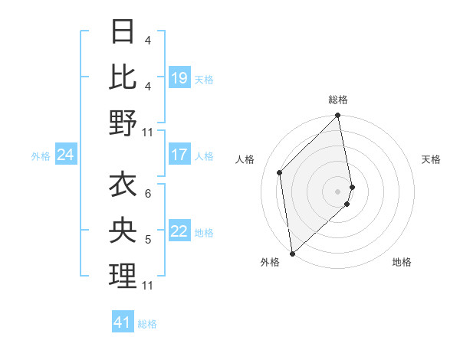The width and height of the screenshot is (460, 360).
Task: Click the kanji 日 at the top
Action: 123,31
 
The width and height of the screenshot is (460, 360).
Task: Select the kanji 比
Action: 123,77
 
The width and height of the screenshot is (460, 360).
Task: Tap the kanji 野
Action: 123,123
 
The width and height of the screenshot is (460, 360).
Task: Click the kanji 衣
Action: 123,185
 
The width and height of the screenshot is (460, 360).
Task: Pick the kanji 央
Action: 123,231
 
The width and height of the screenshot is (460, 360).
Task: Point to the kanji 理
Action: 123,276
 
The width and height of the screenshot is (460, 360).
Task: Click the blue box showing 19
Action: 179,78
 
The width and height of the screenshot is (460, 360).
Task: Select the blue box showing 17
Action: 179,155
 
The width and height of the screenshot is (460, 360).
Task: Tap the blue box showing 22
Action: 179,232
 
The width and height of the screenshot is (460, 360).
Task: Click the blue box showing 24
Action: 65,155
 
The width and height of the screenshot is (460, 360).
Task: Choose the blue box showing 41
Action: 122,322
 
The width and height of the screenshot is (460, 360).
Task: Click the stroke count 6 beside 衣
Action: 148,194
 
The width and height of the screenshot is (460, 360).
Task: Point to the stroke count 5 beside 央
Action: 148,240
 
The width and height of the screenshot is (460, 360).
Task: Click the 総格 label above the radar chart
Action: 338,100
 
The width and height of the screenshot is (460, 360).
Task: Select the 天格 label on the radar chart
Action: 431,159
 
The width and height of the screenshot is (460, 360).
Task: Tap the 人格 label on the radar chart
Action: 245,159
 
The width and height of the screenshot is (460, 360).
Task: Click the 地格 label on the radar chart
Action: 402,262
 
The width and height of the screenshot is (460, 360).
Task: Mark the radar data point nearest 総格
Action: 338,116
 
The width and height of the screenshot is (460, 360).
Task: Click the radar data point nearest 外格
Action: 292,253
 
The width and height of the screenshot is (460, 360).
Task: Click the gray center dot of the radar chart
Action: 338,191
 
